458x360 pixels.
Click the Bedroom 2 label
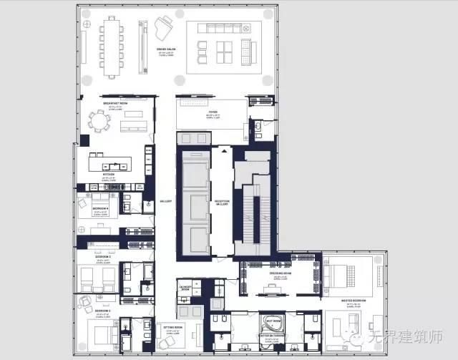[101, 310]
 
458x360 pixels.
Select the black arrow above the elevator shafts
[223, 151]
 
